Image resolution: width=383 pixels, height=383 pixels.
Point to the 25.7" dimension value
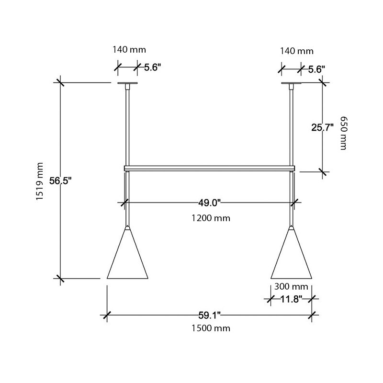coord(322,127)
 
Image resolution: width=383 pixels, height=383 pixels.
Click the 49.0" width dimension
coord(209,203)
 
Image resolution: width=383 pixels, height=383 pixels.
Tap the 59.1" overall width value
coord(209,315)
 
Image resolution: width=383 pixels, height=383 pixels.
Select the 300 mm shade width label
coord(291,287)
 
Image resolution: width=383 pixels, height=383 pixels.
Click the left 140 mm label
coord(129,49)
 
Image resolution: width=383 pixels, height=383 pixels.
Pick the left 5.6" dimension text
coord(149,68)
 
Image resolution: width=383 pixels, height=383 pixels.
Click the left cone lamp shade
coord(127,259)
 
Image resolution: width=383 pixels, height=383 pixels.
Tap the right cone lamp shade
coord(291,259)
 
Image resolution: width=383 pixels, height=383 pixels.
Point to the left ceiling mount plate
coord(127,84)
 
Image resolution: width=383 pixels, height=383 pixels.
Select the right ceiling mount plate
coord(291,84)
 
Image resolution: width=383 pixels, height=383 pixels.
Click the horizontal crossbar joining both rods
coord(209,168)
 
